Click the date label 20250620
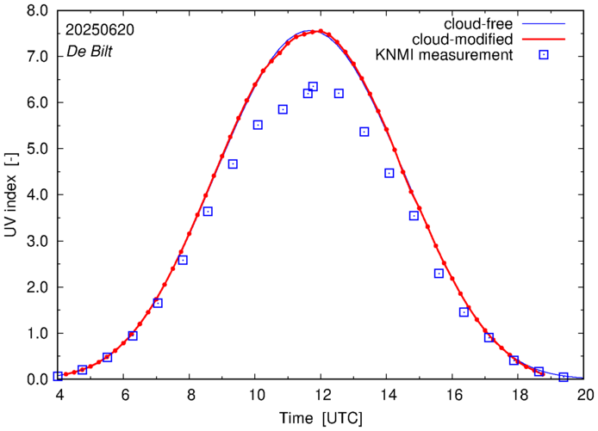pyautogui.click(x=100, y=29)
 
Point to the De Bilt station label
pyautogui.click(x=90, y=52)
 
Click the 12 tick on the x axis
pyautogui.click(x=321, y=396)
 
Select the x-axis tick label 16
pyautogui.click(x=452, y=396)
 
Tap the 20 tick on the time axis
pyautogui.click(x=585, y=396)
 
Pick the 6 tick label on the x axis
pyautogui.click(x=123, y=396)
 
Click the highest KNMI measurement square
pyautogui.click(x=313, y=86)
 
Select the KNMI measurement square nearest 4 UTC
pyautogui.click(x=58, y=376)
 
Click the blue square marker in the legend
pyautogui.click(x=542, y=56)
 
